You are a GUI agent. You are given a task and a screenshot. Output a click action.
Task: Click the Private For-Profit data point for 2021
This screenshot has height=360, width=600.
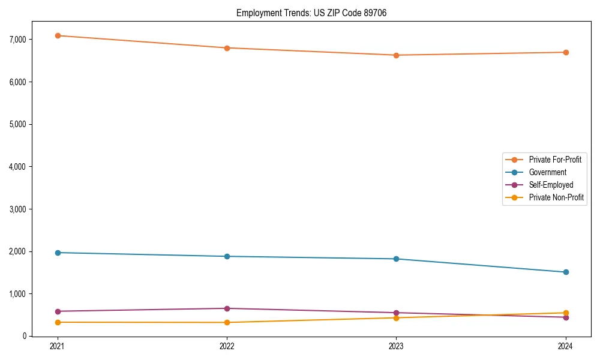pos(58,35)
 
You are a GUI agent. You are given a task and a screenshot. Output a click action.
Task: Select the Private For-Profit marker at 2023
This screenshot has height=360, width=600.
pos(396,55)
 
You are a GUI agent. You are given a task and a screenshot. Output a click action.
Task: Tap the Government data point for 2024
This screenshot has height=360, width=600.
pos(566,272)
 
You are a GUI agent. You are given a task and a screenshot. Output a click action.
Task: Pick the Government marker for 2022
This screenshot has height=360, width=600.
pos(227,256)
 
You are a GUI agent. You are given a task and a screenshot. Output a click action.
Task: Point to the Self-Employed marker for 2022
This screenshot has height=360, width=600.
pos(227,308)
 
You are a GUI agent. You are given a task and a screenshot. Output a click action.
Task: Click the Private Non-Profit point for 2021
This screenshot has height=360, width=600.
pos(58,322)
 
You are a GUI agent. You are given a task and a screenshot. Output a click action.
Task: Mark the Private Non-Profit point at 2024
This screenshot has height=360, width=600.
pos(566,313)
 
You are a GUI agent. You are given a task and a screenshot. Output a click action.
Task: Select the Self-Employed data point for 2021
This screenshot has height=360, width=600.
pos(58,311)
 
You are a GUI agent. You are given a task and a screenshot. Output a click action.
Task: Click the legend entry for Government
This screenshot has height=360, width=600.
pos(547,172)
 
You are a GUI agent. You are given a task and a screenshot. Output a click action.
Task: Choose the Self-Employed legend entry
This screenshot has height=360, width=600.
pos(551,185)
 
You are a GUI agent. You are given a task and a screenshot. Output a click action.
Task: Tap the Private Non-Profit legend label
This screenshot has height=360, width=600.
pos(556,197)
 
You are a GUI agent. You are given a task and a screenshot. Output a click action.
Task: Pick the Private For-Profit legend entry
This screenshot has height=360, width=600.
pos(555,160)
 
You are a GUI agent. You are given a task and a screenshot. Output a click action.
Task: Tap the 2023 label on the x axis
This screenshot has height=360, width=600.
pos(396,346)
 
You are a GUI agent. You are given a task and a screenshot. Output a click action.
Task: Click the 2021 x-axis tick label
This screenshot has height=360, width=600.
pos(58,346)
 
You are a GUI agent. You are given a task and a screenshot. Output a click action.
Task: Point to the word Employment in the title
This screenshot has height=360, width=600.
pos(256,13)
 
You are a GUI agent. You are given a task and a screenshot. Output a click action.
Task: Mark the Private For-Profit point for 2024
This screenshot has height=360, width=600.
pos(566,52)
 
